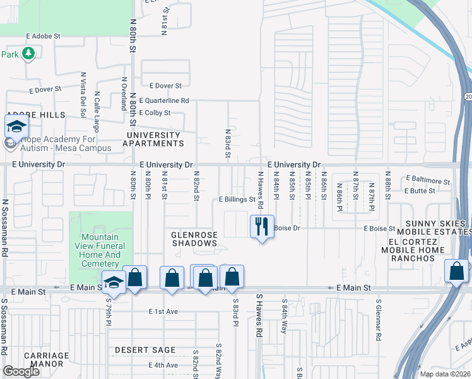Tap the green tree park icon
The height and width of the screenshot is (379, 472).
pos(28,54)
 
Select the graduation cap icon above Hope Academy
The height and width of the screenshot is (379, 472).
pos(16,126)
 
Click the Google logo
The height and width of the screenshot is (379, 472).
pos(21,371)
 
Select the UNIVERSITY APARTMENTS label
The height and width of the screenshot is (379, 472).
pos(153,140)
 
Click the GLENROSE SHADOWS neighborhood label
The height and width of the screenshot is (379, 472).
pos(194,239)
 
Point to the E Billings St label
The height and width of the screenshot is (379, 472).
pos(237,199)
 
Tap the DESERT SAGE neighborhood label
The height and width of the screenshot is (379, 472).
pos(145,350)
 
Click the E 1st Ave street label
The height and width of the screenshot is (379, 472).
pos(163,311)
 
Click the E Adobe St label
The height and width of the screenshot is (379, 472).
pos(43,37)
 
